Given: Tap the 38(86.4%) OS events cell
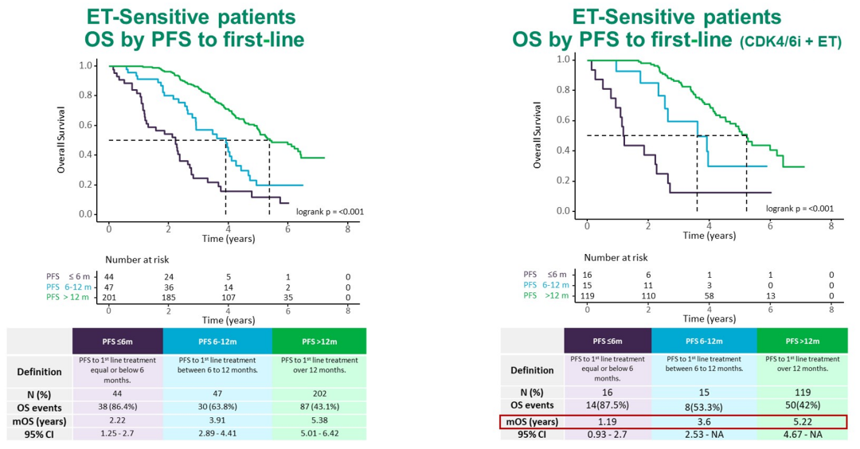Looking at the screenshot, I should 118,407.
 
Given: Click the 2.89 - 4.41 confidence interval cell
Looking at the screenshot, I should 217,434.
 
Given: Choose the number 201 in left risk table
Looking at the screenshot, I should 109,298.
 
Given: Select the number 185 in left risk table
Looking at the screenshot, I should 168,298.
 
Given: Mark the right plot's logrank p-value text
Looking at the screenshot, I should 799,209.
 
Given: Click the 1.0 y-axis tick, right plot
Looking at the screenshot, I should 564,60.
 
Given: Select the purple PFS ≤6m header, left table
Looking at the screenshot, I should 118,341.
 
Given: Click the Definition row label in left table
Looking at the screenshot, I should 40,371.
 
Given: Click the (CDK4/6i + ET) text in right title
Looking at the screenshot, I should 793,42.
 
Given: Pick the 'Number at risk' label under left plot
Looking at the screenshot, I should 138,259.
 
